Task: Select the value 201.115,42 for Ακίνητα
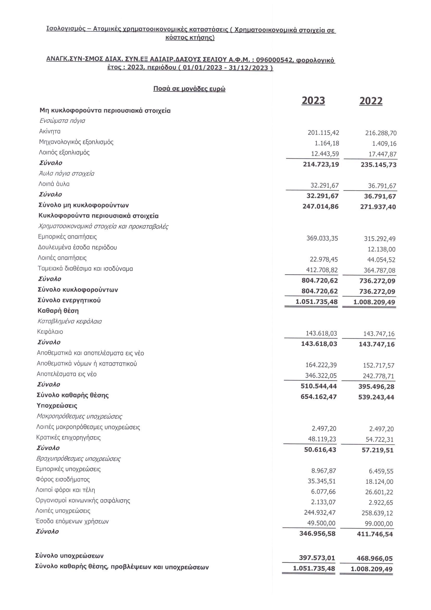coord(323,132)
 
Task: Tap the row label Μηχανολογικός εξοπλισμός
coord(76,142)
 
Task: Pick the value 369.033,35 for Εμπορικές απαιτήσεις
coord(322,238)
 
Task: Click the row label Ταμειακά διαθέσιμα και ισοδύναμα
coord(85,269)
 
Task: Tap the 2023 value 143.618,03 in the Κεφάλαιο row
coord(321,334)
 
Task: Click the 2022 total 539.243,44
coord(376,397)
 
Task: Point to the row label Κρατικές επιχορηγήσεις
coord(68,438)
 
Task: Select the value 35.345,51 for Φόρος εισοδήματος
coord(321,481)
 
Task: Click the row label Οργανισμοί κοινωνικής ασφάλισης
coord(83,501)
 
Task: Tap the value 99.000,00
coord(379,524)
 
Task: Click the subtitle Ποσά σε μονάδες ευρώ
coord(189,89)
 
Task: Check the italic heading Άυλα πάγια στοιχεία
coord(67,173)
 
